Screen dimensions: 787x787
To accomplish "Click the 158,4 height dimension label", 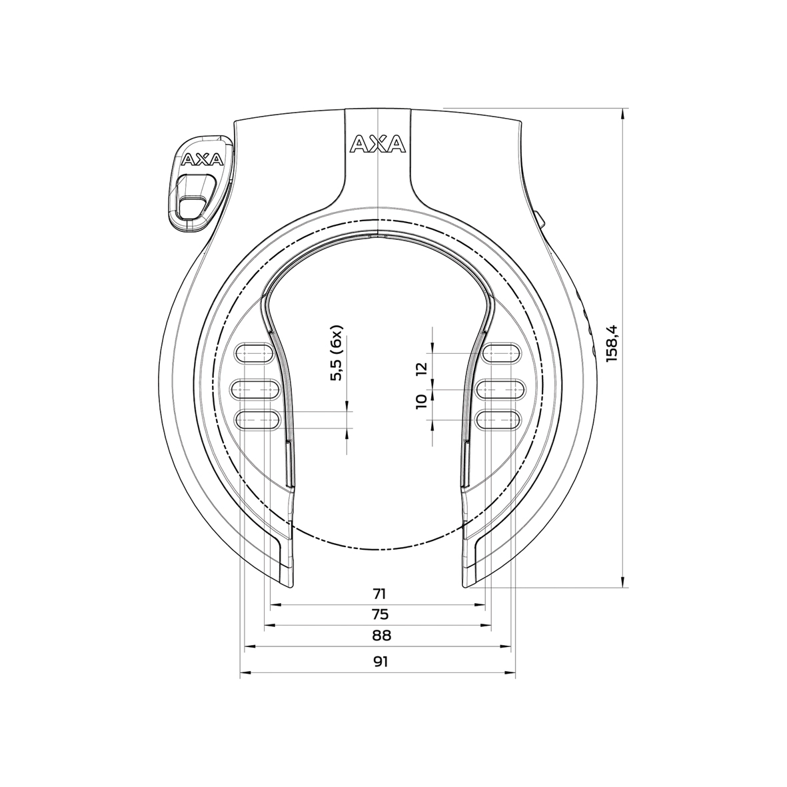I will click(x=612, y=343).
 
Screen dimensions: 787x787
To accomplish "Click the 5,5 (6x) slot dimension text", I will click(x=337, y=355).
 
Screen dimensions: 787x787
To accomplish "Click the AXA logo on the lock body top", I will click(x=377, y=144).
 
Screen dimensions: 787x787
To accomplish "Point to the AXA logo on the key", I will click(x=196, y=159).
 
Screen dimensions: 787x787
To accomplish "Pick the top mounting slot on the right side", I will click(x=500, y=353).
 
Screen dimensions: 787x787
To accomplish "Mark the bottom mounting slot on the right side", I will click(x=498, y=418).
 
